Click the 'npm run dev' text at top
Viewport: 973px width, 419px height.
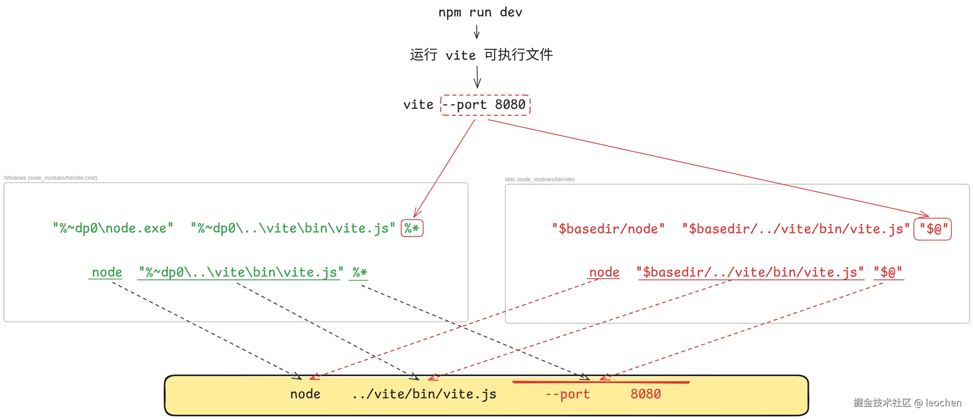click(x=480, y=12)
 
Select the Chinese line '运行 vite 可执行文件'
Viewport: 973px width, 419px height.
click(x=481, y=55)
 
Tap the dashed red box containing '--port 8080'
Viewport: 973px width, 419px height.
click(x=485, y=105)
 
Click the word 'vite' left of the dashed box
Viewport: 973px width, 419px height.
click(x=418, y=105)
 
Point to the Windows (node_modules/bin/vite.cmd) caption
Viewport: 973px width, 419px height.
click(x=50, y=178)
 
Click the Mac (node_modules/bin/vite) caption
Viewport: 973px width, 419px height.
click(x=540, y=179)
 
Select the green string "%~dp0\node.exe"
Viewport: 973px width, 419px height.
click(x=113, y=228)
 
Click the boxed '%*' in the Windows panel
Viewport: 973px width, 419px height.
click(x=412, y=228)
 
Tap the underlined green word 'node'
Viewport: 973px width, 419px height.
click(x=107, y=273)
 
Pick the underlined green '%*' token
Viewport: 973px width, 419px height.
click(x=359, y=273)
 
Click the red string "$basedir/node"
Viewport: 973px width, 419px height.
click(x=608, y=229)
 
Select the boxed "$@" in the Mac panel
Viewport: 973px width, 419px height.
click(x=932, y=229)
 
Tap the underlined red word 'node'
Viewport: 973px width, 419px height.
click(x=604, y=273)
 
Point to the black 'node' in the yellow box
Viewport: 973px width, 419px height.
click(x=305, y=394)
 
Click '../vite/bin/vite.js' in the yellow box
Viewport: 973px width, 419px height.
click(x=424, y=394)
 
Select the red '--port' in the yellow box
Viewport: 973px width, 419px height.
click(x=568, y=394)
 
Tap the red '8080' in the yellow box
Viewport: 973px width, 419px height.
click(x=646, y=394)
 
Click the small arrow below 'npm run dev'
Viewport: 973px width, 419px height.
click(x=477, y=32)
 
